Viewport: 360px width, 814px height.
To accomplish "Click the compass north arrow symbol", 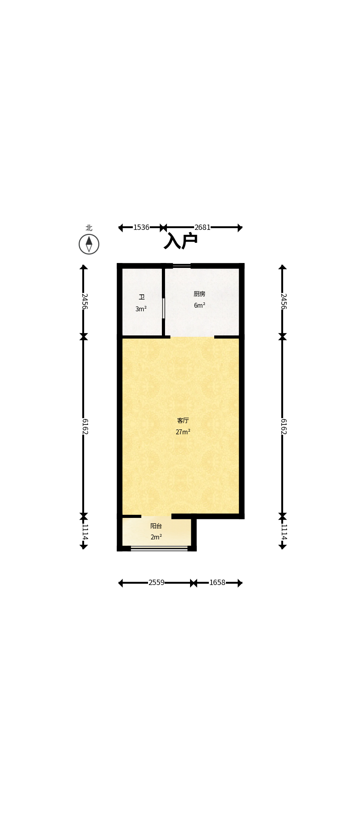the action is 89,244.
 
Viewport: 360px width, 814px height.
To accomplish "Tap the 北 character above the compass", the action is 89,228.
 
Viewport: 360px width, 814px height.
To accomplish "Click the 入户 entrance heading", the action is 181,241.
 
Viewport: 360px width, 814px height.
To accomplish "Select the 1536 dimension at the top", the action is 141,227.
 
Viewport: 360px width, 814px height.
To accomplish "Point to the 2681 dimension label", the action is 202,227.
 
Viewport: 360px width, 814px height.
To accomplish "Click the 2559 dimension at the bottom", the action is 157,582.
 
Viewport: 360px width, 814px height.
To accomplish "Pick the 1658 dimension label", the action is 217,582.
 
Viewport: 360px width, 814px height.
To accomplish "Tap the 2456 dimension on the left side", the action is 84,301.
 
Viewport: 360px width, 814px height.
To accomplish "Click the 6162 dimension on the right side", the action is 283,426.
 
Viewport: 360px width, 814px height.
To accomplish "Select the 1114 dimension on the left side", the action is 84,532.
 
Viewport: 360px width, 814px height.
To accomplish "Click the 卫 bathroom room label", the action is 141,297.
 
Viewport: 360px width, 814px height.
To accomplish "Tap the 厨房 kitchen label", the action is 199,294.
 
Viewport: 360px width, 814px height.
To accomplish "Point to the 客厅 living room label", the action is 183,420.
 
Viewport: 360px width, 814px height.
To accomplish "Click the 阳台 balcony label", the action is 156,526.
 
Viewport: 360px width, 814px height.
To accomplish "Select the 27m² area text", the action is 183,432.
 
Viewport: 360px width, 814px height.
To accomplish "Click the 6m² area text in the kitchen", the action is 199,305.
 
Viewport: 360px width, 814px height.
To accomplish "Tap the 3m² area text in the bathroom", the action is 141,309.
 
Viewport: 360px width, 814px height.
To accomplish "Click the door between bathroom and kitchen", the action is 164,308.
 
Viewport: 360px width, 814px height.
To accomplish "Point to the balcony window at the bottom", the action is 159,548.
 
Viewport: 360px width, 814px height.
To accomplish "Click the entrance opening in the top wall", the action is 182,266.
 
